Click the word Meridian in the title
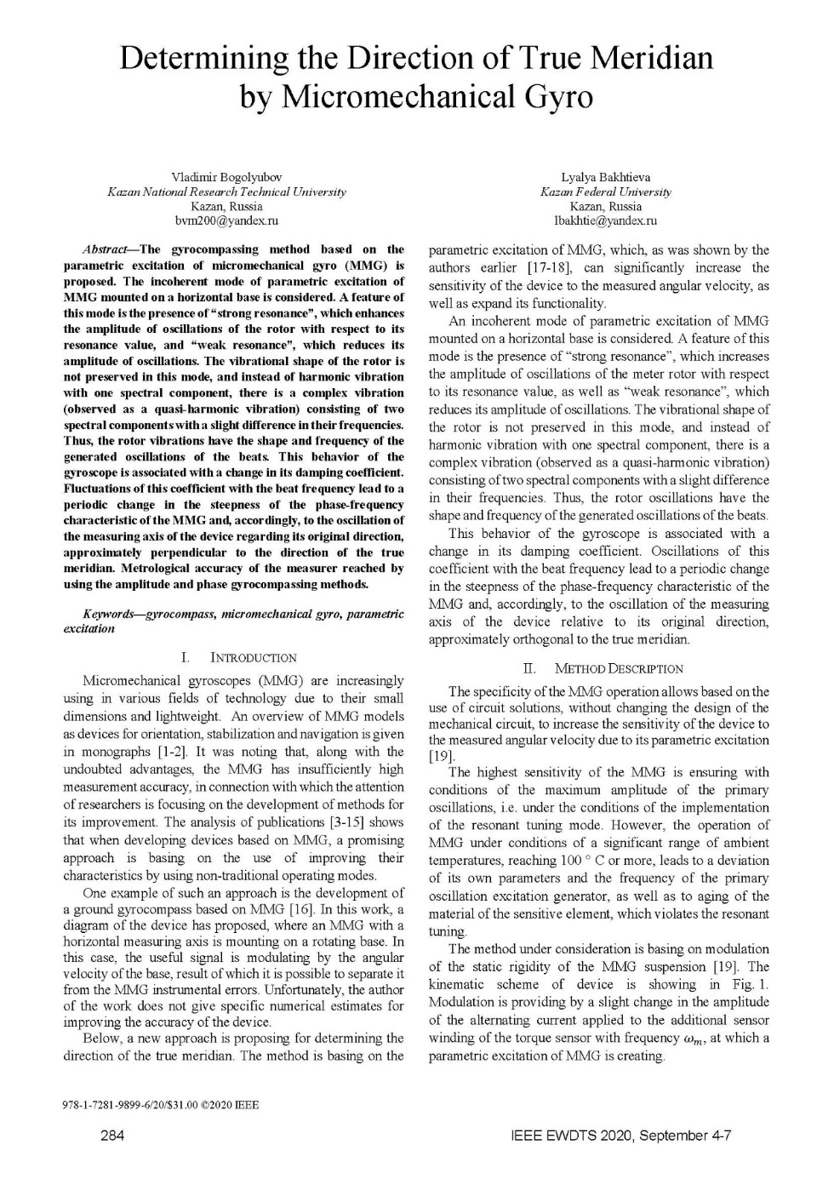[x=652, y=58]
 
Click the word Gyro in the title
[x=550, y=96]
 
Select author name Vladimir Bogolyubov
[x=226, y=177]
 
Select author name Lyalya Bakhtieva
[x=605, y=177]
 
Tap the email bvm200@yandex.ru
[x=226, y=220]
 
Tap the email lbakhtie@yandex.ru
[x=605, y=220]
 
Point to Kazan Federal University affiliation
[x=605, y=192]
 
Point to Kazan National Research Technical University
[x=226, y=192]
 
